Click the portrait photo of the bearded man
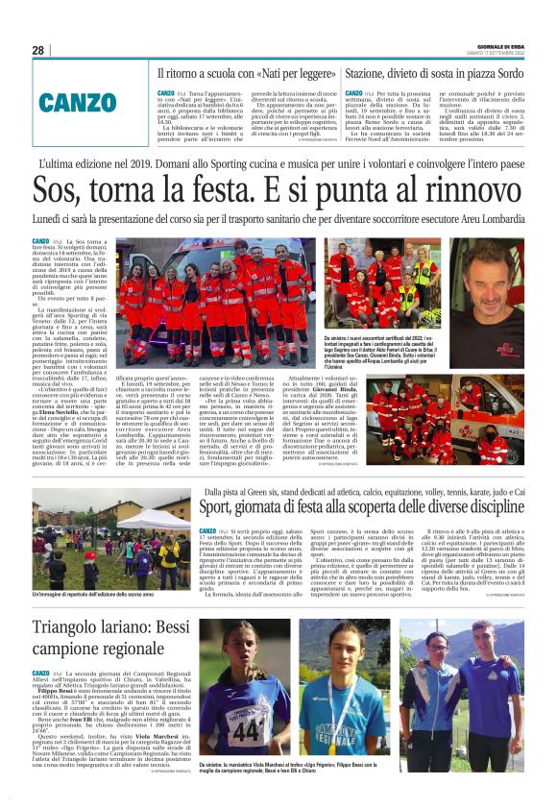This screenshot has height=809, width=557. (x=489, y=288)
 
